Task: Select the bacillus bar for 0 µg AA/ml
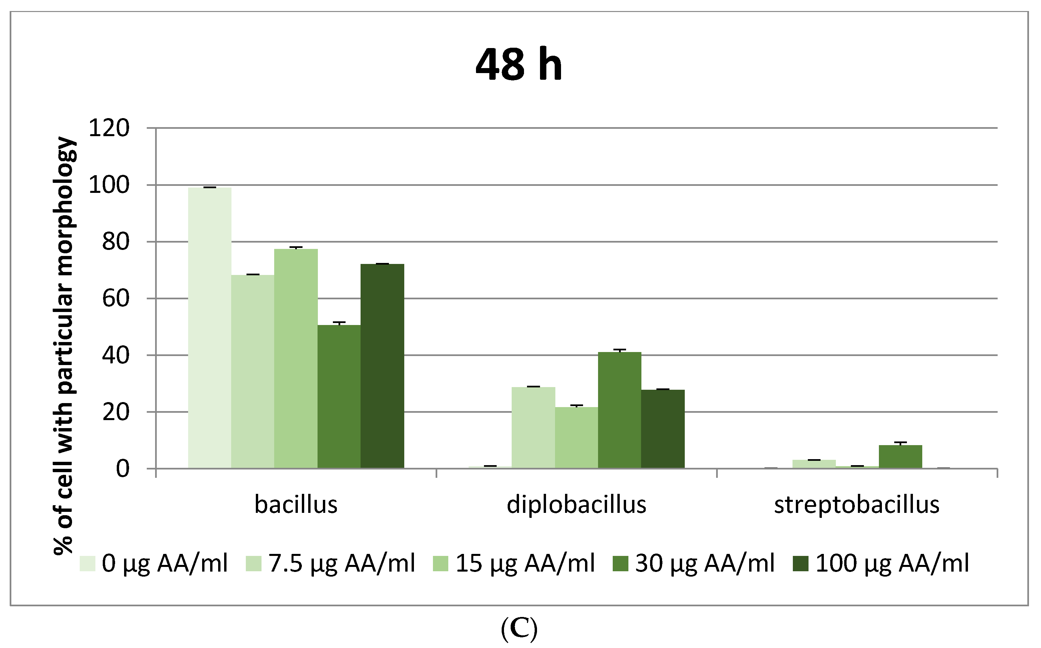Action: [x=209, y=328]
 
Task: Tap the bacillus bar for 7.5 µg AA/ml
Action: [x=253, y=372]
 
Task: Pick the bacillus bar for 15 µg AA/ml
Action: [x=296, y=359]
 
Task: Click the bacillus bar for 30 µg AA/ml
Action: [x=339, y=396]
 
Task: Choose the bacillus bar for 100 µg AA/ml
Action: [x=382, y=366]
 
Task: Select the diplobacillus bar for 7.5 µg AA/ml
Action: [x=533, y=428]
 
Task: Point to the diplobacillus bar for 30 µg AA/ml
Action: [x=619, y=410]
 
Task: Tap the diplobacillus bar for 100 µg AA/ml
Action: [x=663, y=429]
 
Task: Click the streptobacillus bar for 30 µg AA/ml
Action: [x=900, y=457]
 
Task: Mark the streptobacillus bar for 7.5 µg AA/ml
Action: [x=814, y=464]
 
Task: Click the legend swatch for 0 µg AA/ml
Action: [x=87, y=564]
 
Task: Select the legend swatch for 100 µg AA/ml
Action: [x=801, y=564]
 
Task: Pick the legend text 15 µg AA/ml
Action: [x=525, y=563]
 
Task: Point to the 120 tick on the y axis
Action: [x=109, y=128]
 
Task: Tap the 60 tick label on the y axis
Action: [x=116, y=299]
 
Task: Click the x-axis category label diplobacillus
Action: [x=576, y=505]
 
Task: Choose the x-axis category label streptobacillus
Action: [x=857, y=505]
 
